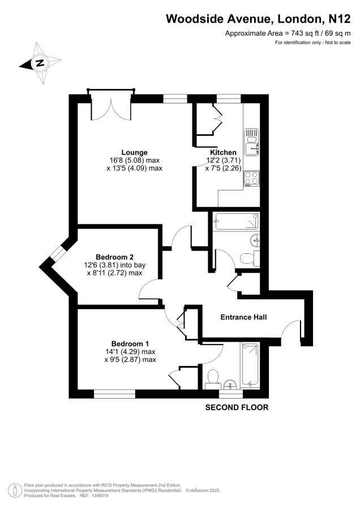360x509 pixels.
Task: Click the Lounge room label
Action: click(x=135, y=152)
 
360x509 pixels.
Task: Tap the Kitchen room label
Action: click(x=223, y=152)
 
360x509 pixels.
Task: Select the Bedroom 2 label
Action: click(x=115, y=257)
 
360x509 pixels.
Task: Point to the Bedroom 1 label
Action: click(x=130, y=343)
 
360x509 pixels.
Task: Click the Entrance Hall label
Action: click(x=244, y=317)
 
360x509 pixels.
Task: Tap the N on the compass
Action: click(x=40, y=62)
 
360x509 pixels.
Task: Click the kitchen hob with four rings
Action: click(x=252, y=179)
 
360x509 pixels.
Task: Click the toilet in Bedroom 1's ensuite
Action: click(x=213, y=379)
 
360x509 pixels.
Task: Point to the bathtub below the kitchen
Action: click(x=236, y=221)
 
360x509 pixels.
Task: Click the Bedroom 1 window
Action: click(x=114, y=394)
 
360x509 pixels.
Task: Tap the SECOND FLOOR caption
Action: click(x=237, y=407)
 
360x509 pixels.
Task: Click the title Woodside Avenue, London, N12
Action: click(x=258, y=19)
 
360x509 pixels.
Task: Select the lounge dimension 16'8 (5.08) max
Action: click(x=135, y=161)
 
